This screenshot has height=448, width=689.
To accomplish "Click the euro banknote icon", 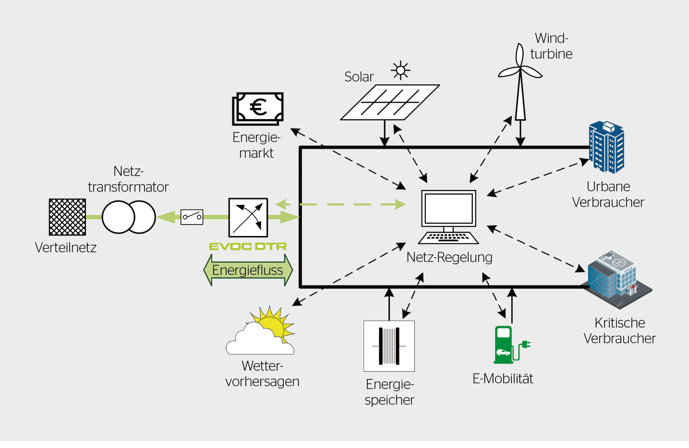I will click(x=258, y=108).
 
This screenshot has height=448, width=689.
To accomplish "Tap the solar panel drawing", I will click(x=390, y=102).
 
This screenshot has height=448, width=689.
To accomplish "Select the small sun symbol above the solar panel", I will click(x=400, y=71).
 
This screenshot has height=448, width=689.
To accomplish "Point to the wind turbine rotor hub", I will click(x=520, y=70).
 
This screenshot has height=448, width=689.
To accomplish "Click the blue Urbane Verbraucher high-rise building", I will click(x=606, y=147).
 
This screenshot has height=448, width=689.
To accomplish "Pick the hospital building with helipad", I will click(x=617, y=279).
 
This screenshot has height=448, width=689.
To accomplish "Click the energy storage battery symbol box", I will click(x=389, y=346).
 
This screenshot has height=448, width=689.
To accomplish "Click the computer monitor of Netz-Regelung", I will click(x=449, y=208).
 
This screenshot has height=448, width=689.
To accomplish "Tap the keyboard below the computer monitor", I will click(x=448, y=237).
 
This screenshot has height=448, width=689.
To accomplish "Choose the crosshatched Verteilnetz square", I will click(x=68, y=217).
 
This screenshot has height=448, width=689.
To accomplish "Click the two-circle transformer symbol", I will click(x=129, y=217).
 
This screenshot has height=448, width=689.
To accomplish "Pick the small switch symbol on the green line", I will click(x=192, y=217).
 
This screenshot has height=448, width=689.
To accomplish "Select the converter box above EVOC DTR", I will click(x=248, y=217).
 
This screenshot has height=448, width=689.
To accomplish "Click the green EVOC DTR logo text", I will click(x=248, y=247).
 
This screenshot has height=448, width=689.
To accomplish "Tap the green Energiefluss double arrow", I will click(x=248, y=270).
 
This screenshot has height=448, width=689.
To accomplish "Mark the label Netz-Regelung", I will click(x=449, y=258).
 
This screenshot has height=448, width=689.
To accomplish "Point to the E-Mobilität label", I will click(x=503, y=379).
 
